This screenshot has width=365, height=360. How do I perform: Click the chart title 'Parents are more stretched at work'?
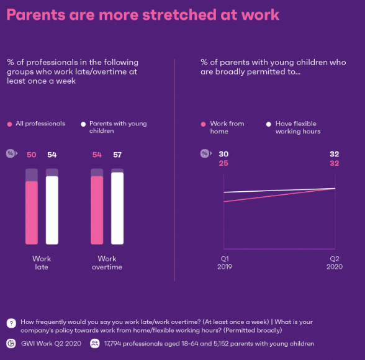[x=143, y=14]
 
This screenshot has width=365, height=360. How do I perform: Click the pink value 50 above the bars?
[x=31, y=154]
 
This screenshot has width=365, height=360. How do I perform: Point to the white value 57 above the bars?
[x=117, y=154]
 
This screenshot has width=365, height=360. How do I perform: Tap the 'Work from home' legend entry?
[x=223, y=127]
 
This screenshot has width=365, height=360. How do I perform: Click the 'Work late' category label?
[x=42, y=263]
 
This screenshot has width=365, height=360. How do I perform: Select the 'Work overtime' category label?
[x=107, y=263]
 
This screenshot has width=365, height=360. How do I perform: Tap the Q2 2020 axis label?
[x=334, y=263]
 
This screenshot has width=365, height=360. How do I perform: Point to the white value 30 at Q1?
[x=223, y=154]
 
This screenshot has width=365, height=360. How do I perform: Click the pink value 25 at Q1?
[x=223, y=163]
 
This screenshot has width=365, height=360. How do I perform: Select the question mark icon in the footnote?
[x=11, y=323]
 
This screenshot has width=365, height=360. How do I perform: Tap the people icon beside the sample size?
[x=95, y=343]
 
